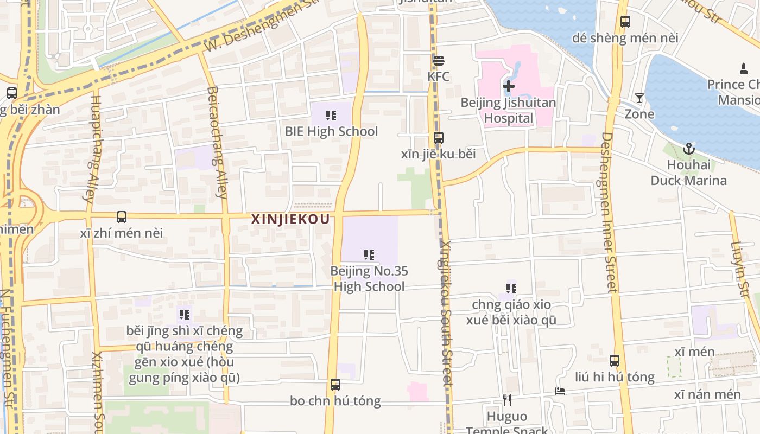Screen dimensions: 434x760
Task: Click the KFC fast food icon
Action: [438, 61]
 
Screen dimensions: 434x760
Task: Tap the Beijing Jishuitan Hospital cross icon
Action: [509, 86]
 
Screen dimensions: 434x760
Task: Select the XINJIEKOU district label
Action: [290, 219]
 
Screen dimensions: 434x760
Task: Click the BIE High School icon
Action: [331, 116]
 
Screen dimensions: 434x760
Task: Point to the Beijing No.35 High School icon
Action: [369, 255]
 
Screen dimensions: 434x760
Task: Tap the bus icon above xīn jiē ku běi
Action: [439, 138]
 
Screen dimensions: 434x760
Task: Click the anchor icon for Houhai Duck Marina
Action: [688, 148]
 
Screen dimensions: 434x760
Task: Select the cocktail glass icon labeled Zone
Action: [639, 98]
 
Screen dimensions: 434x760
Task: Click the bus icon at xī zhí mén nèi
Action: [122, 217]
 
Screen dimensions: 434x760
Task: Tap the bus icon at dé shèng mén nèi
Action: [625, 22]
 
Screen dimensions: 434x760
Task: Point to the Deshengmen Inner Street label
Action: [609, 212]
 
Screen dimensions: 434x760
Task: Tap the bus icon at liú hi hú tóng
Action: [615, 361]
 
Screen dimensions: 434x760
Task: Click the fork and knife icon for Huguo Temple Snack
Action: [507, 400]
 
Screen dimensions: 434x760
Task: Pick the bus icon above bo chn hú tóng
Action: [335, 385]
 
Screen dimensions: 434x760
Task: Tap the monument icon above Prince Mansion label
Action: [744, 69]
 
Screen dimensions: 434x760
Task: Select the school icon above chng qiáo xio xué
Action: [511, 289]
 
